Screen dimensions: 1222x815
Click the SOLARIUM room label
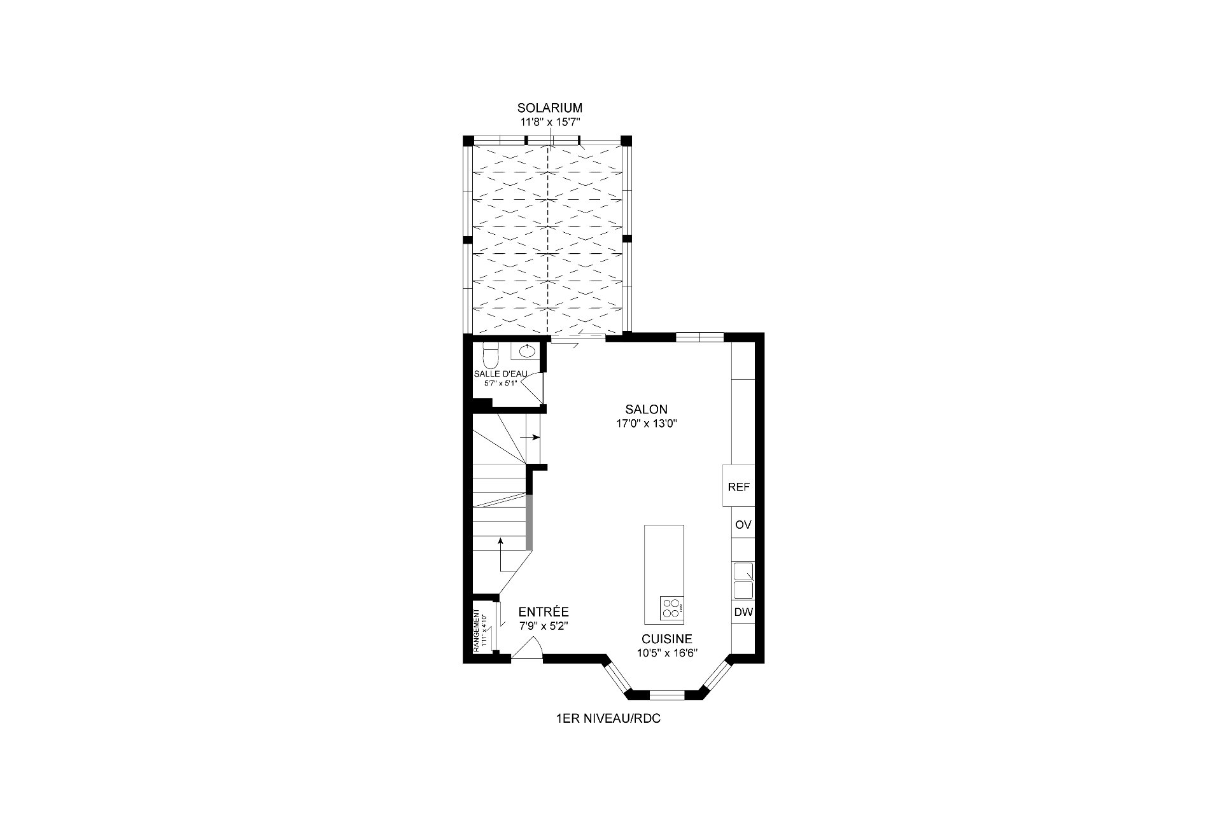click(x=549, y=108)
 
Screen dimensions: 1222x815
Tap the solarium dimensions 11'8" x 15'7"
click(x=549, y=122)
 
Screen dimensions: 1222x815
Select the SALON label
click(x=646, y=409)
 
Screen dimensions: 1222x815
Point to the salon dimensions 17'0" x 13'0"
click(x=646, y=424)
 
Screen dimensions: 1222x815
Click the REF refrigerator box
click(x=738, y=486)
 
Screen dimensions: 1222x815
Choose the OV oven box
click(x=743, y=525)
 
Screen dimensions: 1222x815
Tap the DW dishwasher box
click(x=743, y=613)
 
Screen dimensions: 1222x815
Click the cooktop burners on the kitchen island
click(x=671, y=608)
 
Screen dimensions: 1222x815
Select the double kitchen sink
click(x=743, y=580)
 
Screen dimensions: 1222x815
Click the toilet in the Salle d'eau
click(x=490, y=352)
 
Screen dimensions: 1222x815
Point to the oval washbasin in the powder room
click(x=527, y=350)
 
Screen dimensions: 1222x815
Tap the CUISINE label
click(x=667, y=639)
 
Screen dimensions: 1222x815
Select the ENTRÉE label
click(x=544, y=611)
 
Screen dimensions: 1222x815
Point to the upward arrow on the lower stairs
click(x=501, y=554)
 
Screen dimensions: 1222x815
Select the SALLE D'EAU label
click(x=501, y=374)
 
